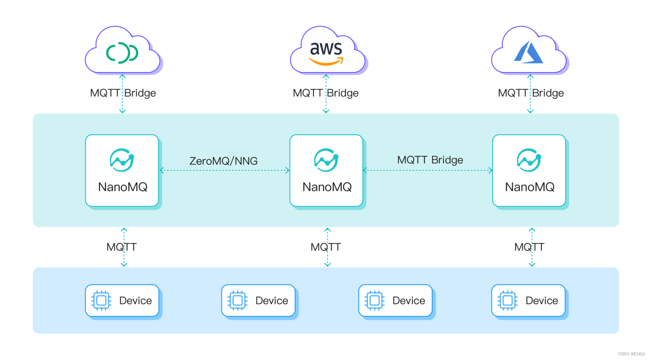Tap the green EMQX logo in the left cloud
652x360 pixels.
point(122,53)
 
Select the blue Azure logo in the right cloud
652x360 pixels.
point(528,53)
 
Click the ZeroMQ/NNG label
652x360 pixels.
point(223,161)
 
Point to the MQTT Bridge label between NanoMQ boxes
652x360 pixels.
point(430,160)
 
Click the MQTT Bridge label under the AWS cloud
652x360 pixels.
point(326,93)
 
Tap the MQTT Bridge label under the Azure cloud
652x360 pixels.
point(531,93)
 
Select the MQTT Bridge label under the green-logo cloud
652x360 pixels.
point(123,93)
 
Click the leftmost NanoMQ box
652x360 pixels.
point(122,170)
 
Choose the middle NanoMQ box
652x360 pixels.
point(326,170)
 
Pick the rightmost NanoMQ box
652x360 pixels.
point(529,170)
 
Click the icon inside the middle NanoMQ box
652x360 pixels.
point(326,160)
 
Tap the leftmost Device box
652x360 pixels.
point(122,300)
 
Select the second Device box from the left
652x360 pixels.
point(259,300)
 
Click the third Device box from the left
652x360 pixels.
point(395,300)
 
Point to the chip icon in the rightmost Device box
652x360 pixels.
point(507,300)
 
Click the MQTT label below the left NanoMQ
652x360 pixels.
point(122,247)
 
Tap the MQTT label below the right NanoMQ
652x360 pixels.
point(529,247)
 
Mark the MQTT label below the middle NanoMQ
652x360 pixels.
point(326,247)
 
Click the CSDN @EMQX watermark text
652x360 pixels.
point(631,354)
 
